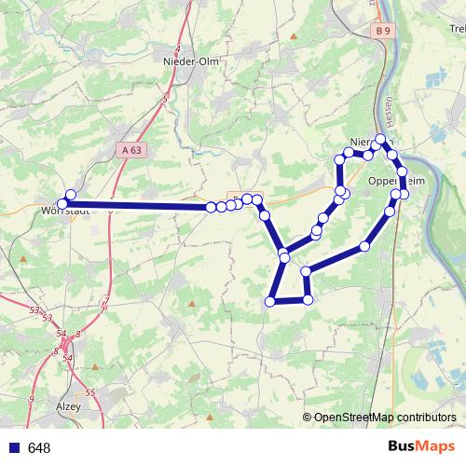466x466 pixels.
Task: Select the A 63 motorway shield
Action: pos(133,148)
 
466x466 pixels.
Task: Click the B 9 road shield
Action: pos(380,32)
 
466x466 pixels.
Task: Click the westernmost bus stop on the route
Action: pos(62,203)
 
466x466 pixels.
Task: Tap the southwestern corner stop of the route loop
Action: pos(270,301)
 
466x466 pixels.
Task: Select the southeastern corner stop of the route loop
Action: pos(308,300)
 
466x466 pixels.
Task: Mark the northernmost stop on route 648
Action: pos(381,139)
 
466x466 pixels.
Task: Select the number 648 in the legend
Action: pos(39,447)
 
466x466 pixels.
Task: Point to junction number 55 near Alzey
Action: pos(90,393)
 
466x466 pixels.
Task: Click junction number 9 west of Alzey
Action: pos(32,399)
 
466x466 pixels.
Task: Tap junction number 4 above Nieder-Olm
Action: pos(177,47)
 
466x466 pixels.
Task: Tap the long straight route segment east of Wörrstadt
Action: pos(140,206)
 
